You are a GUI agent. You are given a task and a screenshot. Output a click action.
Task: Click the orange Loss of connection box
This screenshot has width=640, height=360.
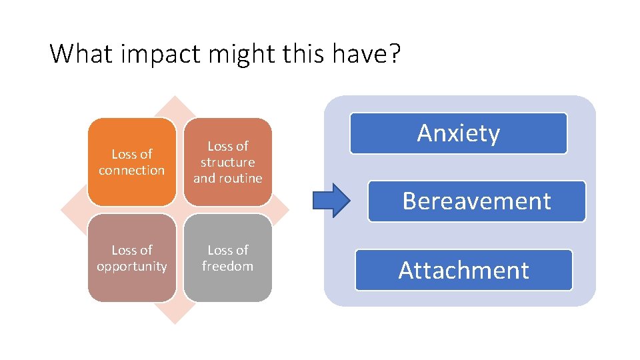tap(132, 162)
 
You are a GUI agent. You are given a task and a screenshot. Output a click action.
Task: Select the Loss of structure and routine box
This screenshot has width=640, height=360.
tap(228, 162)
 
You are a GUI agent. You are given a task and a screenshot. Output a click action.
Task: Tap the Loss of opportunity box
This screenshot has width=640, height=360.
tap(132, 258)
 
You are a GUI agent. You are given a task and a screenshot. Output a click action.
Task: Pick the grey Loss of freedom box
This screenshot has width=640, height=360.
tap(228, 258)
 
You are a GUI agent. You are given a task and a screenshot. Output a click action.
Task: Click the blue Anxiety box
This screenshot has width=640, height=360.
tap(459, 133)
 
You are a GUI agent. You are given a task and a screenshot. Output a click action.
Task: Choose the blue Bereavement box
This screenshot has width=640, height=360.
tap(477, 201)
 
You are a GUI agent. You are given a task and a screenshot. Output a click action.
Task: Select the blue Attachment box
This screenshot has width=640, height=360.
tap(464, 270)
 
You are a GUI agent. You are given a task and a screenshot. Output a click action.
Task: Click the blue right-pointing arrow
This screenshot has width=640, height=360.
tap(331, 199)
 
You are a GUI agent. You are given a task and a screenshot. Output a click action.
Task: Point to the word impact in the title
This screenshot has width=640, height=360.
tap(162, 54)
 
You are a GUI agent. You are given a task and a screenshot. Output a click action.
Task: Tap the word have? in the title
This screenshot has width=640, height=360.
tap(370, 53)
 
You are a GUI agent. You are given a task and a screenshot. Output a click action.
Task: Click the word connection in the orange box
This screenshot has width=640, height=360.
tap(132, 170)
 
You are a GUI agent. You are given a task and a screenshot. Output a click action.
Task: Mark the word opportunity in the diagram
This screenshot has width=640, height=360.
tap(132, 266)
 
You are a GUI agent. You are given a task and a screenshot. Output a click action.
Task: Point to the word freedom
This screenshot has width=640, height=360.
tap(228, 266)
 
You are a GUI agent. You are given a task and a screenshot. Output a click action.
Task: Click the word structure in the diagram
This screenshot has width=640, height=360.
tap(228, 162)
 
